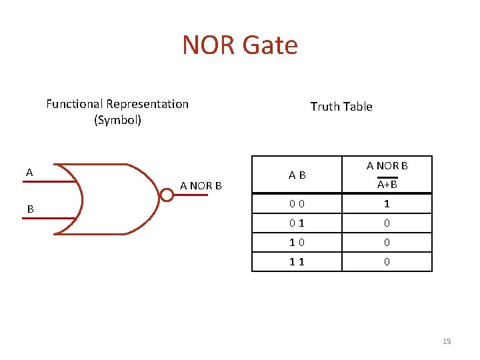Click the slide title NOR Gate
240,45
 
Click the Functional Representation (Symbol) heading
117,112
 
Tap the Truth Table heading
341,107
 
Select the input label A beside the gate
29,173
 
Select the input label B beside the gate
30,209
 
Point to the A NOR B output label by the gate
201,186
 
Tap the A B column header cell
297,175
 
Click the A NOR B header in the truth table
387,165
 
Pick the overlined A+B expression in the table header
387,184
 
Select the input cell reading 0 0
297,204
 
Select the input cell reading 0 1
297,223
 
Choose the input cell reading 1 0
297,243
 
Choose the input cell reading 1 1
297,262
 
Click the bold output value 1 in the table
387,204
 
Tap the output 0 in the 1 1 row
387,262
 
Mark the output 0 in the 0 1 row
387,223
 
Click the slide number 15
447,341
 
